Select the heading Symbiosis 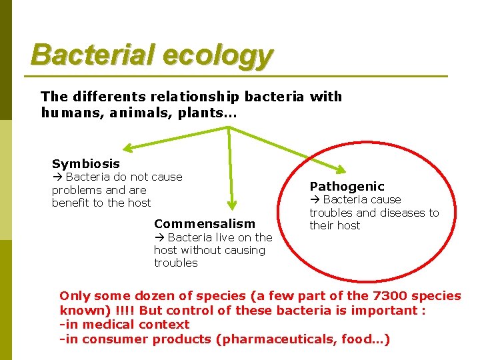click(86, 163)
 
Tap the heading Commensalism click(204, 223)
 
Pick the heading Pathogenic click(347, 186)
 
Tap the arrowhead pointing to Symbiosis click(127, 148)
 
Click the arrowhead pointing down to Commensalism click(232, 207)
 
